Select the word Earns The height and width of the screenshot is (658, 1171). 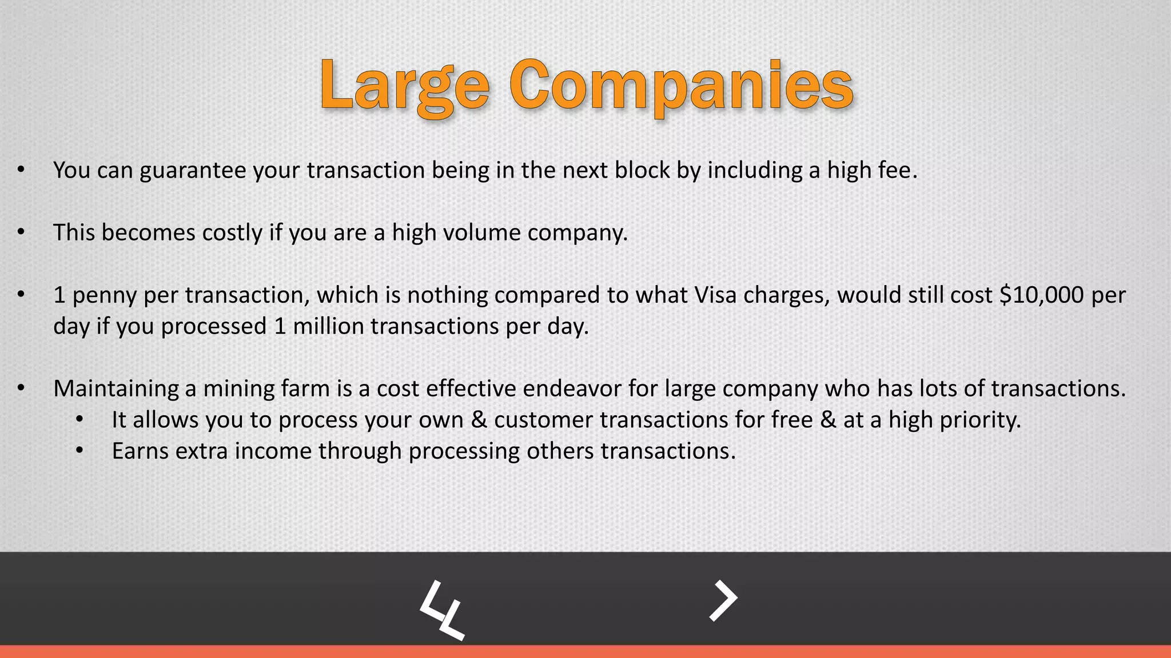point(140,451)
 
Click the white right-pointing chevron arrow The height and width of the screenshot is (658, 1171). point(723,600)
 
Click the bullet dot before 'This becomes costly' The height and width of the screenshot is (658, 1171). point(21,232)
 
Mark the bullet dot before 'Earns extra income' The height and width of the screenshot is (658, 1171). point(79,451)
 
